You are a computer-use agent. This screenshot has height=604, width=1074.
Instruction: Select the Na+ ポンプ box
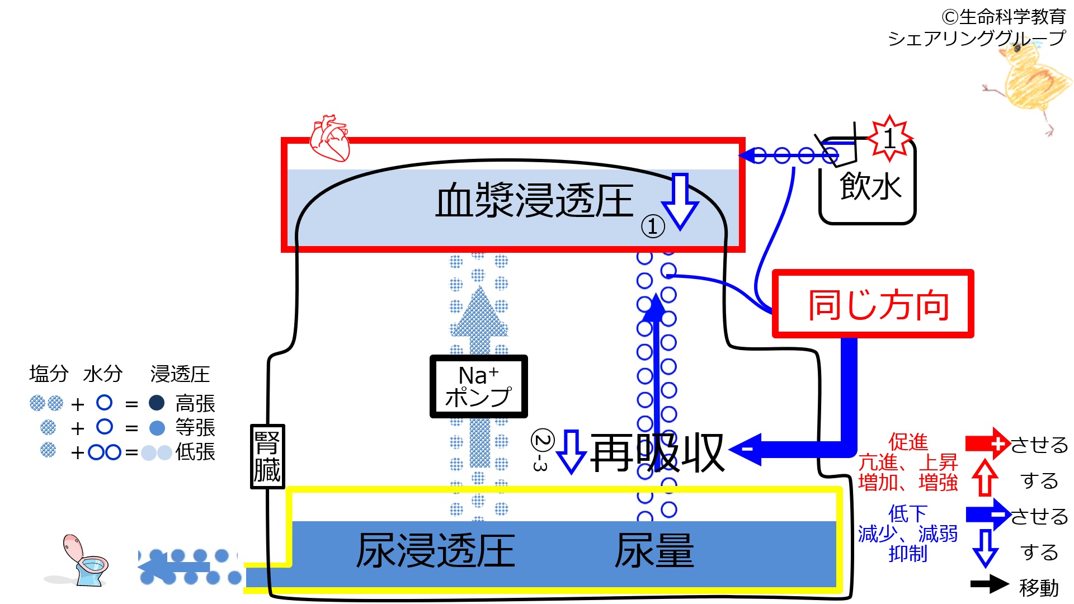pos(478,386)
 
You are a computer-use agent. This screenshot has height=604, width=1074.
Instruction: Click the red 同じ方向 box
pos(873,304)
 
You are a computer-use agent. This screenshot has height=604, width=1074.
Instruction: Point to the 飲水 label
pos(870,186)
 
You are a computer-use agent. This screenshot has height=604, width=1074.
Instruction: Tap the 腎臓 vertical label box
pos(267,456)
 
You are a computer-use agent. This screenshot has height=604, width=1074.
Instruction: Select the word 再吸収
pos(657,453)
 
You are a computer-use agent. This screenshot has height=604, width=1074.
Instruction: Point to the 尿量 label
pos(654,551)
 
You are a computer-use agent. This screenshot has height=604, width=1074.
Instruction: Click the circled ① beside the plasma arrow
pos(652,226)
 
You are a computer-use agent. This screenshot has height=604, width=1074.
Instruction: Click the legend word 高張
pos(195,403)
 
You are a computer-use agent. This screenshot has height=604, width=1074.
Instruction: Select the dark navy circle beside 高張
pos(157,403)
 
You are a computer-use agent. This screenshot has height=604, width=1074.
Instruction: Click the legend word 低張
pos(195,452)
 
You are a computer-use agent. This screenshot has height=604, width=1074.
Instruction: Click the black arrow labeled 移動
pos(989,584)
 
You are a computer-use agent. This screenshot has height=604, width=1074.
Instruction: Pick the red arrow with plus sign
pos(987,444)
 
